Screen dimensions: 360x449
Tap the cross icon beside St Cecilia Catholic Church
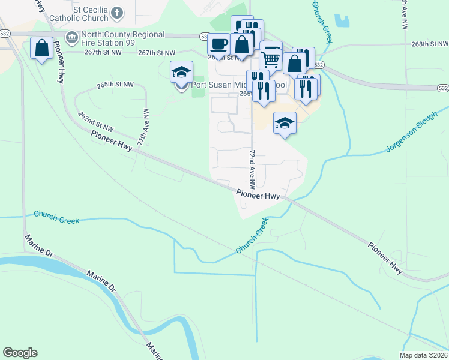pyautogui.click(x=118, y=11)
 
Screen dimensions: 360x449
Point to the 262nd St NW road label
pyautogui.click(x=95, y=121)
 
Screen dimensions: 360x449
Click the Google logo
pyautogui.click(x=20, y=353)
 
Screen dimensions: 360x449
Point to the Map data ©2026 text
pyautogui.click(x=423, y=355)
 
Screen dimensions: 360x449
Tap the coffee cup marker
pyautogui.click(x=218, y=44)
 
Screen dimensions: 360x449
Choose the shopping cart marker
pyautogui.click(x=271, y=58)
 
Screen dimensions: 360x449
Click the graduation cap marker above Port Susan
pyautogui.click(x=182, y=73)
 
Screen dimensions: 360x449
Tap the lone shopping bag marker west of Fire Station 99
pyautogui.click(x=42, y=48)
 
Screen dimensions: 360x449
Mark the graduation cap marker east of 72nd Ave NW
pyautogui.click(x=285, y=124)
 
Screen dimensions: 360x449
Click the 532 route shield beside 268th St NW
pyautogui.click(x=318, y=65)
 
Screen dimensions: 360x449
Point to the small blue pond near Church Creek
pyautogui.click(x=342, y=22)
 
